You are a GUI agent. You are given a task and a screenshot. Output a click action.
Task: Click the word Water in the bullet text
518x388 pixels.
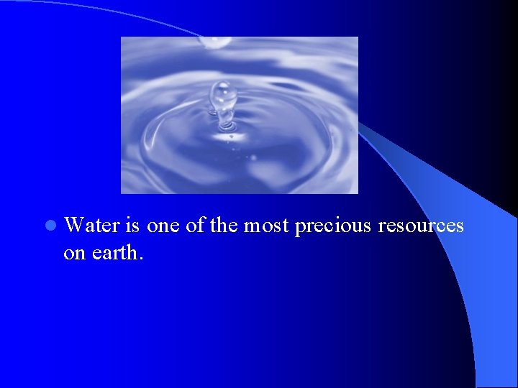[x=92, y=226]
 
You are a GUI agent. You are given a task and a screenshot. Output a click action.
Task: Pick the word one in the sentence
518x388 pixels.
[x=163, y=226]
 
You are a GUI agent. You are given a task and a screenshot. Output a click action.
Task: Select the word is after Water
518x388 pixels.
[x=132, y=226]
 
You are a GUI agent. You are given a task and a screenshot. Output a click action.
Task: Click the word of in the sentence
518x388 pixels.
[x=195, y=226]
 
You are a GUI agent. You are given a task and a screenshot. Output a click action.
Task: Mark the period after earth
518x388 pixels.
[x=142, y=259]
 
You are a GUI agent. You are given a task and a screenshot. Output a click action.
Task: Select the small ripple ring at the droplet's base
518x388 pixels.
[x=226, y=128]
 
